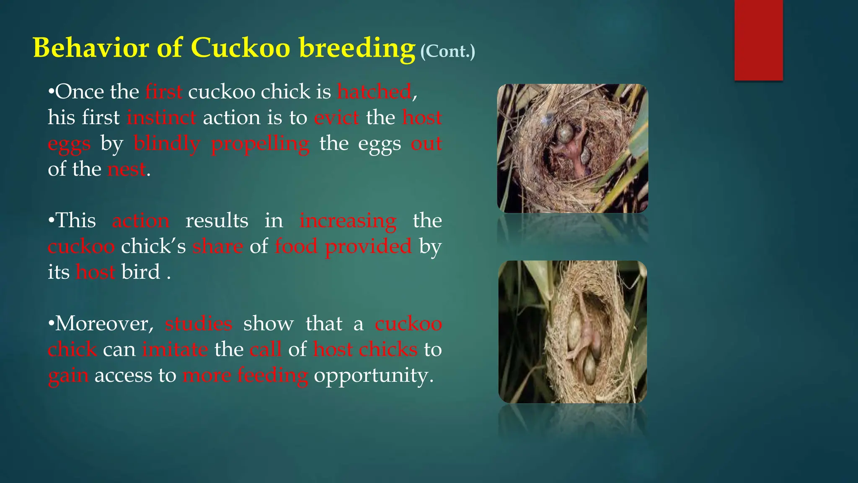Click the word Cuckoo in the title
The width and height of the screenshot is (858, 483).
click(240, 47)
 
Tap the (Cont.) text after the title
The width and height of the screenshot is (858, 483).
click(447, 51)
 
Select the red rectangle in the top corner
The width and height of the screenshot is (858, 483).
click(758, 40)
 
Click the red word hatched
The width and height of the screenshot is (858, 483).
click(374, 91)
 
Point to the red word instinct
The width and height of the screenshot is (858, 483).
click(161, 117)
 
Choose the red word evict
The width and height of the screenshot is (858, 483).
click(336, 117)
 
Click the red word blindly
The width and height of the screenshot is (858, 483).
click(167, 143)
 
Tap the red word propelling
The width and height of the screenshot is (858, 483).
click(260, 143)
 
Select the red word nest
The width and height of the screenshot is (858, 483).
click(127, 169)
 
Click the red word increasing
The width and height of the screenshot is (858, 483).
click(348, 221)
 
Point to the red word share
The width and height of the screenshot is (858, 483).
click(217, 247)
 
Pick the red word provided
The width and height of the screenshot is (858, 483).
click(368, 247)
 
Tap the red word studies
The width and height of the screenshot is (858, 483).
click(199, 324)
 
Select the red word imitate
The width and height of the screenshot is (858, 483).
click(175, 349)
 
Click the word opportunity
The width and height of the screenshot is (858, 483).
click(373, 375)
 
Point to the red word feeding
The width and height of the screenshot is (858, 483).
click(272, 375)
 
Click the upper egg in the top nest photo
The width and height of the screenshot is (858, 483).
click(565, 133)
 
